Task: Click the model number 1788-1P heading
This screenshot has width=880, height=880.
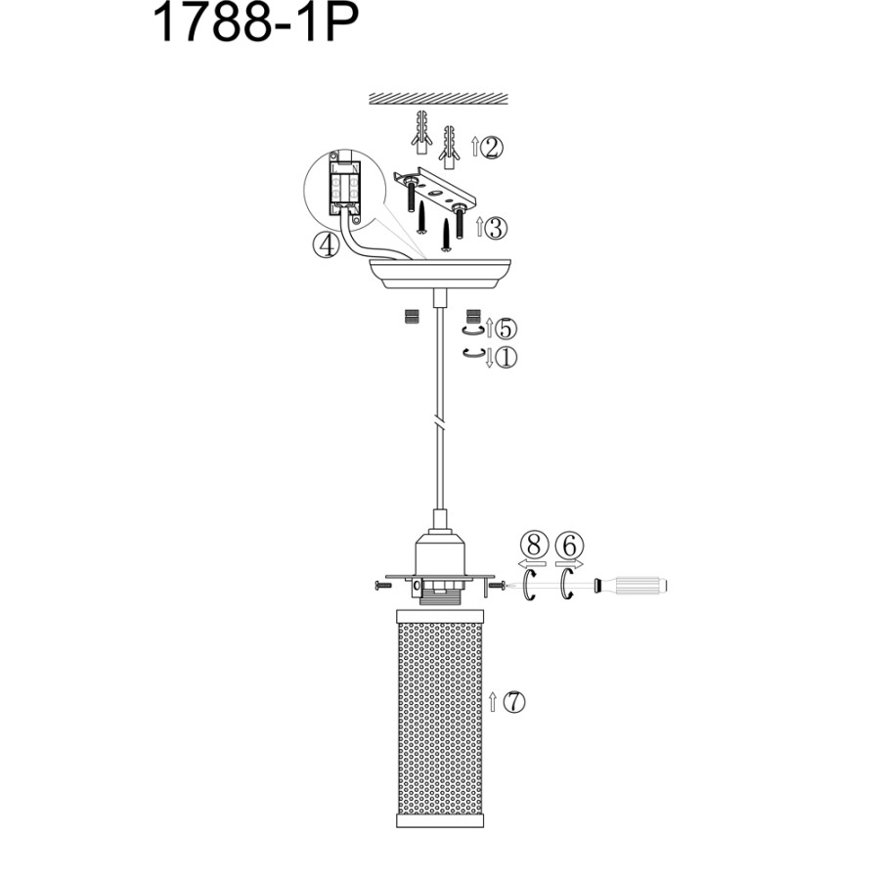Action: click(x=256, y=23)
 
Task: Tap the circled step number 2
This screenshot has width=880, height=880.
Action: click(x=492, y=148)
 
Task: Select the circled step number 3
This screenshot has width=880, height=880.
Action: click(x=496, y=228)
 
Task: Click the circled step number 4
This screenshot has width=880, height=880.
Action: click(x=326, y=245)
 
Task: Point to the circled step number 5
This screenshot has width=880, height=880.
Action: click(x=506, y=329)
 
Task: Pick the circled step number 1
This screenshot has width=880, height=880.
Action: click(x=506, y=358)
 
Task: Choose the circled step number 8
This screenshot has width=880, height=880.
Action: click(x=534, y=545)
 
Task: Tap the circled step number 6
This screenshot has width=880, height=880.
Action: click(x=569, y=545)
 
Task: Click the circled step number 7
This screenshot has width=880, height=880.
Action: click(x=513, y=701)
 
